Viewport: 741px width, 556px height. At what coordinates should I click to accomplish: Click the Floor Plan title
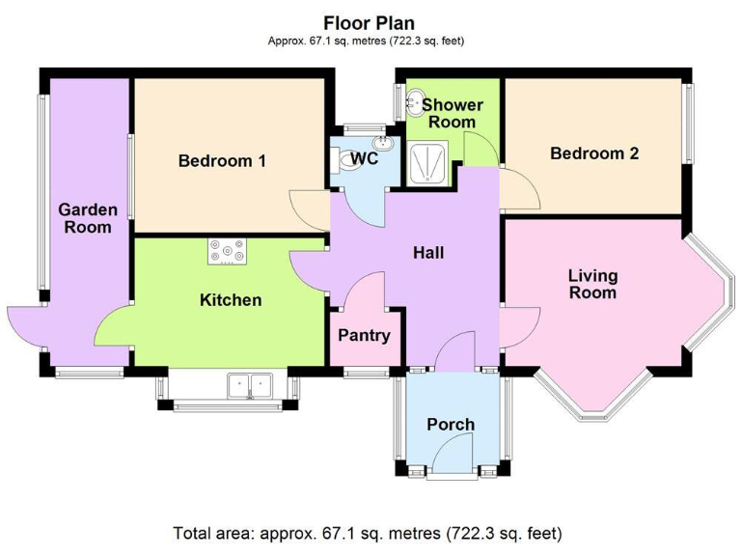(x=370, y=22)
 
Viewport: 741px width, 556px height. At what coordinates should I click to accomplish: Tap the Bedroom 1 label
(x=222, y=161)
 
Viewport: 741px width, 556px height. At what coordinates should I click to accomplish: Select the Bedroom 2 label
(x=593, y=153)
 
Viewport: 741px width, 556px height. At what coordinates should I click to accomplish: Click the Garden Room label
(x=87, y=218)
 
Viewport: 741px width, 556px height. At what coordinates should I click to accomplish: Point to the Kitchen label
(x=230, y=300)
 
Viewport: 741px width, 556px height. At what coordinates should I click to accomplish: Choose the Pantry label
(x=364, y=336)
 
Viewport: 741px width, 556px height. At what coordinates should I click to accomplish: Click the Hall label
(x=428, y=253)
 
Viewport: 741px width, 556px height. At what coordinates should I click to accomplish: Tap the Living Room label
(x=591, y=284)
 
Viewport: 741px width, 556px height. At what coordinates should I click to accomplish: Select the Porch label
(x=451, y=425)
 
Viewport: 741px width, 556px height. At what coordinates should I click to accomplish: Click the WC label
(x=364, y=158)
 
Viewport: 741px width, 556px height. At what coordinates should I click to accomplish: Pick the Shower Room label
(x=452, y=113)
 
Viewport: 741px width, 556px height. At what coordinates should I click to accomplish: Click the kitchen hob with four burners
(x=228, y=253)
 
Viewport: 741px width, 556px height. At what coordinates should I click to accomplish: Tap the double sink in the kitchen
(x=251, y=387)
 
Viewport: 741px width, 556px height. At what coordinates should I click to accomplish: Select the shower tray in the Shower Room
(x=425, y=163)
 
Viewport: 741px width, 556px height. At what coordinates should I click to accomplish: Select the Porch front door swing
(x=453, y=454)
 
